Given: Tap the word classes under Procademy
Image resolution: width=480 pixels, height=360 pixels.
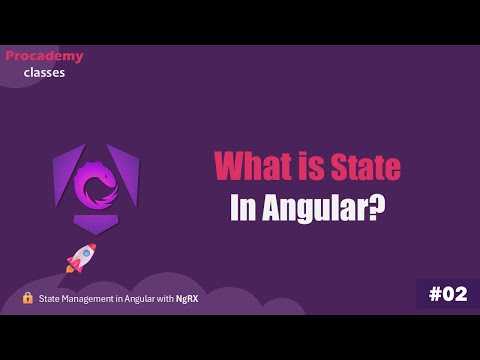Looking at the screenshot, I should tap(44, 72).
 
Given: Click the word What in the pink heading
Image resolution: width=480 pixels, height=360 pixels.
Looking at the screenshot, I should tap(252, 166).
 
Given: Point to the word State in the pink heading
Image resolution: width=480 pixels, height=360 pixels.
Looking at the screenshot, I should tap(365, 166).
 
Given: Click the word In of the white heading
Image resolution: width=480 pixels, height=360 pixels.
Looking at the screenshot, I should tap(243, 209).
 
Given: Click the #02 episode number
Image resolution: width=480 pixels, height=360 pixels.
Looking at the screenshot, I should tap(447, 294).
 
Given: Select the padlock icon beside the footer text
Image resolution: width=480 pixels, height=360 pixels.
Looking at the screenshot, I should tap(28, 298).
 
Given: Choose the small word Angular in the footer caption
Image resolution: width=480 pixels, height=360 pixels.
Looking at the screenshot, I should tap(141, 298).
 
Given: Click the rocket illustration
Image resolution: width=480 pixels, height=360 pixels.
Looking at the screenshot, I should tap(80, 258).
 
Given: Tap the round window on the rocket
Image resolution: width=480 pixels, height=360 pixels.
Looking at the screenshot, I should tap(85, 253).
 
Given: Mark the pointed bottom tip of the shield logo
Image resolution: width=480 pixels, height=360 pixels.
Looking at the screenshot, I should tap(96, 233).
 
